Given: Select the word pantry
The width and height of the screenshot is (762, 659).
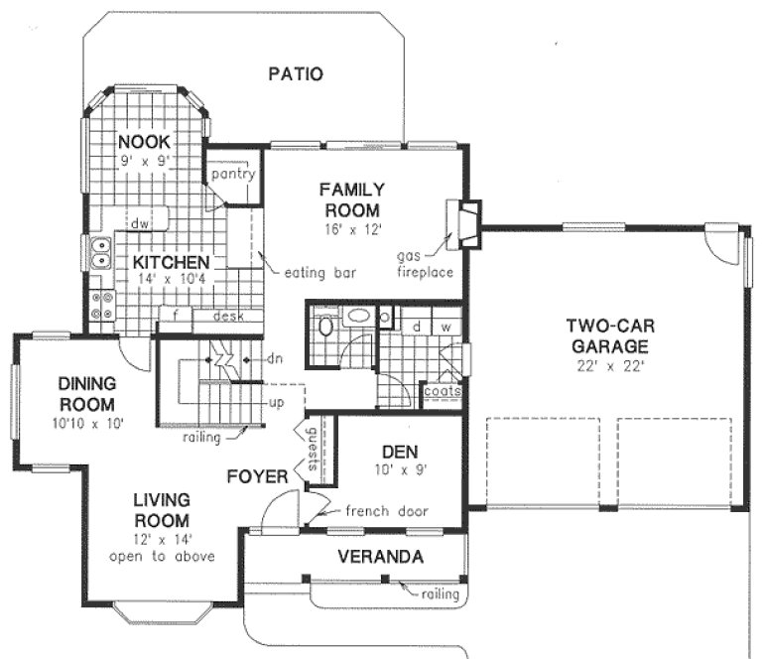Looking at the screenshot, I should click(x=233, y=175).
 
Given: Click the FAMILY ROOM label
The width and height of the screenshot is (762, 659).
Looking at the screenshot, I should click(x=351, y=198).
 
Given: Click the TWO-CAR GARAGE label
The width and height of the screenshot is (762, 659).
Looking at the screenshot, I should click(x=608, y=335).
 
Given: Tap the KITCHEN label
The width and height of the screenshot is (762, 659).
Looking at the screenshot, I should click(x=171, y=262).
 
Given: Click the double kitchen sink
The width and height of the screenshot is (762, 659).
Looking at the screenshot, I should click(x=99, y=254).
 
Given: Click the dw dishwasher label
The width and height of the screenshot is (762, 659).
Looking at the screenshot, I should click(x=140, y=224).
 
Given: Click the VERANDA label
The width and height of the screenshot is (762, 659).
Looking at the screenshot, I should click(x=381, y=556).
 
